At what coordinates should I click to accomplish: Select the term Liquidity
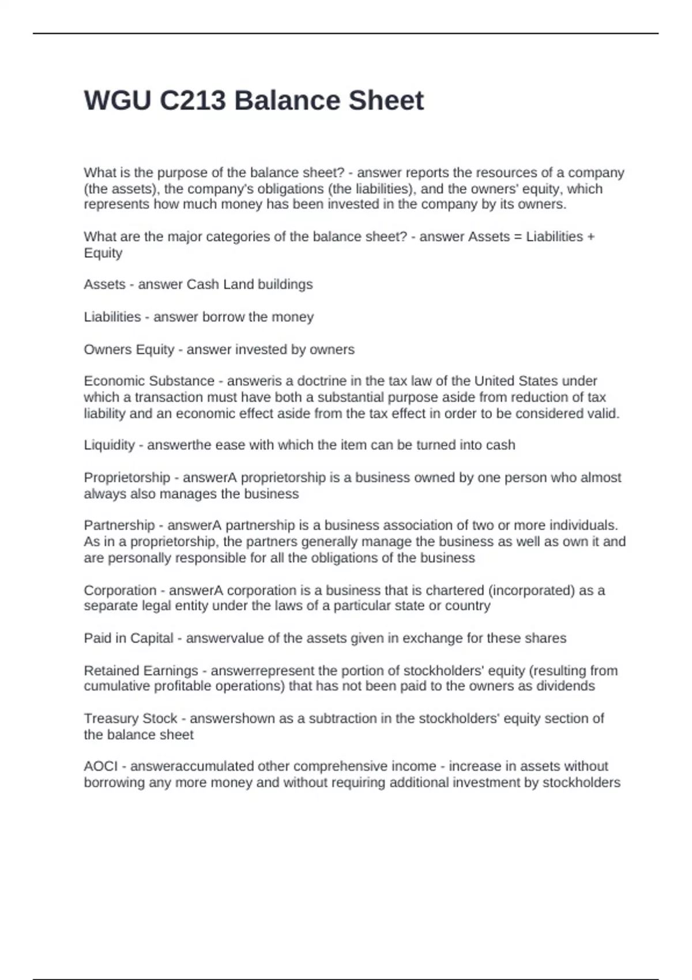pos(109,445)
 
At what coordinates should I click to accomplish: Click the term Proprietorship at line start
pos(127,478)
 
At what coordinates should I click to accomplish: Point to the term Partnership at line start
pos(119,526)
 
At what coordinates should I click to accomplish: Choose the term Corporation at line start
pos(120,590)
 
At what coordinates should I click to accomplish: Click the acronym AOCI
pos(101,766)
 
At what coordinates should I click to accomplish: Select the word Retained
pos(111,671)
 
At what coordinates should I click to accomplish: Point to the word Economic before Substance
pos(114,381)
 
